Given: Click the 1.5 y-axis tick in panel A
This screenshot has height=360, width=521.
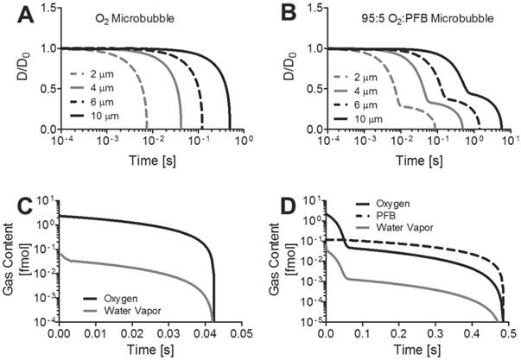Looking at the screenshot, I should pos(44,8).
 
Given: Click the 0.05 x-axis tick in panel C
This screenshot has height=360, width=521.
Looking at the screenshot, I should pos(245,332).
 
